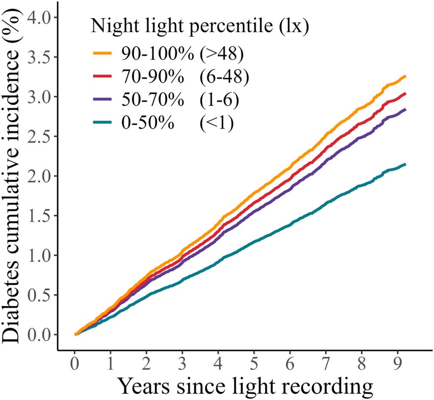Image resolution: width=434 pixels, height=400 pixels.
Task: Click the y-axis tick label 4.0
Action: click(x=39, y=17)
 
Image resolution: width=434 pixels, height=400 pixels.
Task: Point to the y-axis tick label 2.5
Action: click(x=39, y=136)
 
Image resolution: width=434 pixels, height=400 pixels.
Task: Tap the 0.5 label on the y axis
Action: click(x=39, y=295)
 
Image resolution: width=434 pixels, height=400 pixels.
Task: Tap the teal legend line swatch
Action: click(x=102, y=122)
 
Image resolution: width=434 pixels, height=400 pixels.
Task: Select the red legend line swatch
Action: click(x=102, y=76)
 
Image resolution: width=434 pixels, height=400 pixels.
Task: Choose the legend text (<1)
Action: click(x=217, y=123)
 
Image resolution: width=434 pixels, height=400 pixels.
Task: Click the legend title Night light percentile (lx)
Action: click(x=199, y=27)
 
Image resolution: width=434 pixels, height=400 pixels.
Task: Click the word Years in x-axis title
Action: click(x=145, y=386)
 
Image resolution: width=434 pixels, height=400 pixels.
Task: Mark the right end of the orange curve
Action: click(x=406, y=76)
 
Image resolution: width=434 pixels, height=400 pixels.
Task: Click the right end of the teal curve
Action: click(x=406, y=164)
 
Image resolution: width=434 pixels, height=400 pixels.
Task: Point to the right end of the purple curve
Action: click(x=406, y=109)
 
